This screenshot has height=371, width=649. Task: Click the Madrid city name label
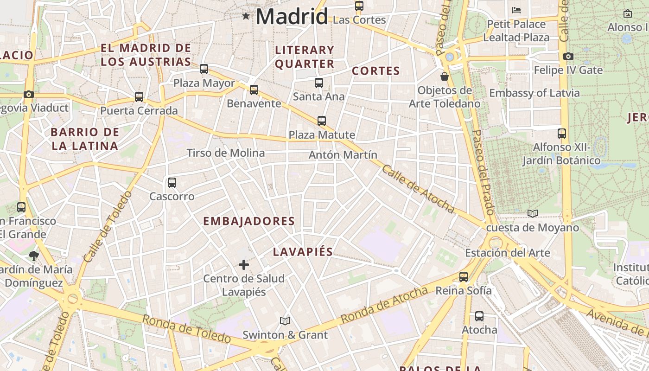pos(292,16)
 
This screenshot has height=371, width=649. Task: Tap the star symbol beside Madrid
pos(246,16)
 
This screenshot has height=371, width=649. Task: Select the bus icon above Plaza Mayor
pos(204,69)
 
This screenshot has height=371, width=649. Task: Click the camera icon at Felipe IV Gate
pos(568,56)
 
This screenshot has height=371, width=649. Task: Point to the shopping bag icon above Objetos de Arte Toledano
pos(445,76)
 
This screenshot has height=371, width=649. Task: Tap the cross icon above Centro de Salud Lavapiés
pos(244,265)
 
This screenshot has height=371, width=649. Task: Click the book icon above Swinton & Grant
pos(285,321)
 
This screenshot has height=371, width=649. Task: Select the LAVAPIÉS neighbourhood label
pos(303,252)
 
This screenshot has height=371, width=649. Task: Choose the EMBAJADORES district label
pos(249,221)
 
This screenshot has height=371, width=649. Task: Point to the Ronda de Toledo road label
pos(186,329)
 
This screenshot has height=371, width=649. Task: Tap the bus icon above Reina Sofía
pos(464,277)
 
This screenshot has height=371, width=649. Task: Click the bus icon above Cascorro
pos(172,183)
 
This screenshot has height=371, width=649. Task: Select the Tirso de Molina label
pos(226,153)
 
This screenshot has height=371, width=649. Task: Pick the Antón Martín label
pos(343,155)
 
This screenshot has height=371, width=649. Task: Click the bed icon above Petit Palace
pos(516,10)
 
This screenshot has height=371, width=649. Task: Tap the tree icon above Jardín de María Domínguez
pos(33,255)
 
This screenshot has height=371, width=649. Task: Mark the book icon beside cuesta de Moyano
pos(533,213)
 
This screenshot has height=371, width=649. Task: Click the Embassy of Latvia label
pos(534,93)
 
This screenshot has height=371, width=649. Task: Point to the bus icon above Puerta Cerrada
pos(139,97)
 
